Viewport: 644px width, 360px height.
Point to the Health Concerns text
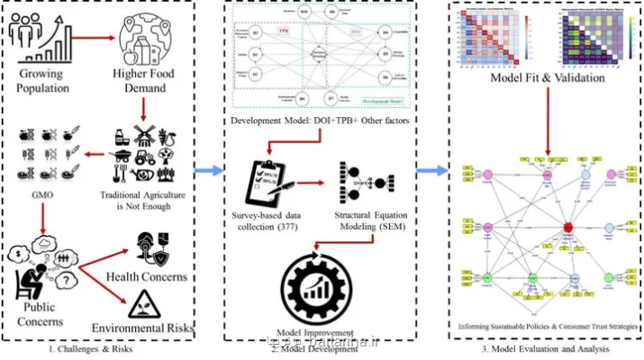coord(150,275)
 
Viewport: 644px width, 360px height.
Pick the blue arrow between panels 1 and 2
coord(213,168)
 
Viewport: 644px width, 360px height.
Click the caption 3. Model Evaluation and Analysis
coord(546,347)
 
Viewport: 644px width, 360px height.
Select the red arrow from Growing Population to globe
coord(89,40)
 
